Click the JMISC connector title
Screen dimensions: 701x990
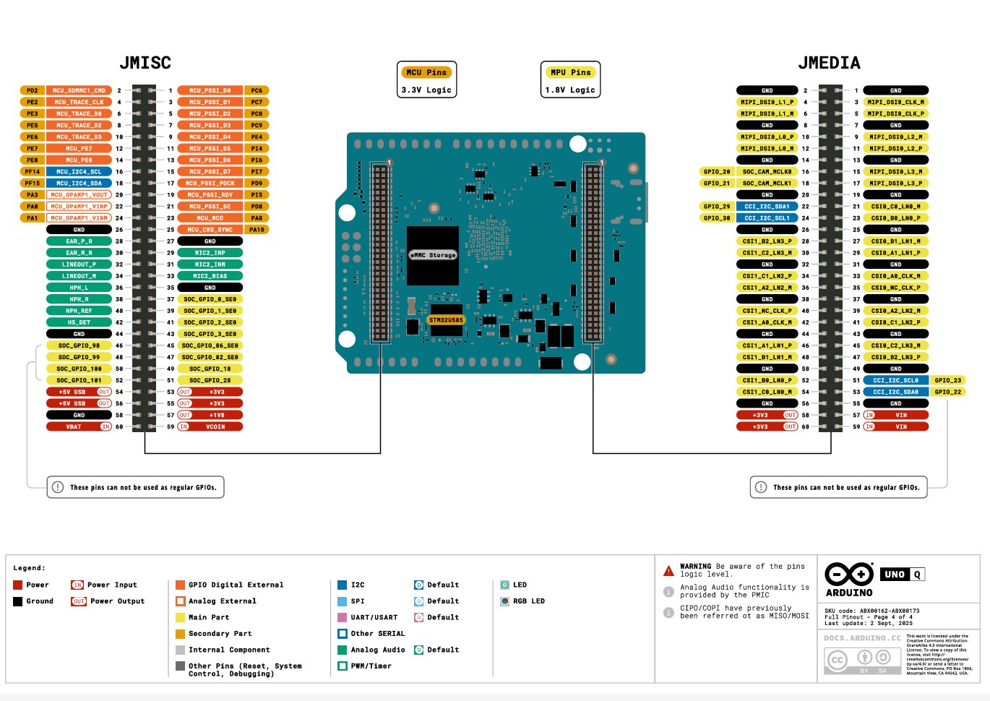click(x=145, y=63)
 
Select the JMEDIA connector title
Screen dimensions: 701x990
click(x=829, y=63)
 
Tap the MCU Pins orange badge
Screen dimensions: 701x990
click(x=426, y=72)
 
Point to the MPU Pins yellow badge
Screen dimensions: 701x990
click(x=570, y=72)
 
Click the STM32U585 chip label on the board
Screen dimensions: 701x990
click(x=446, y=319)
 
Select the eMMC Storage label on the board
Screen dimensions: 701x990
click(x=433, y=255)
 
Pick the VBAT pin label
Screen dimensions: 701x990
click(x=74, y=426)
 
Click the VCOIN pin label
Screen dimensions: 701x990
click(x=215, y=426)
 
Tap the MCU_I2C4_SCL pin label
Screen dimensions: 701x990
click(x=79, y=172)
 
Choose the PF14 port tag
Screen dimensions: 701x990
click(x=33, y=172)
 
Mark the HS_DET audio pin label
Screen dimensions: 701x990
click(x=79, y=322)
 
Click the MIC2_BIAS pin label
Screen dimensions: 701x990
click(x=210, y=276)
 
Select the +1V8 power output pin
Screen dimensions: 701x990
click(x=216, y=415)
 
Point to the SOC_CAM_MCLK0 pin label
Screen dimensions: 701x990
click(x=767, y=172)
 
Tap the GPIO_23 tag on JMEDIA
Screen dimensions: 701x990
click(x=947, y=380)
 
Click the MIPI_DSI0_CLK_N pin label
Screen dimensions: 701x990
click(x=895, y=102)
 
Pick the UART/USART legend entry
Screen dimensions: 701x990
click(x=374, y=617)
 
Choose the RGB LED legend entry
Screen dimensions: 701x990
click(x=528, y=601)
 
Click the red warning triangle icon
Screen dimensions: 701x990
click(x=668, y=571)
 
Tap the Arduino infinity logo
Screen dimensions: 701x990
click(x=849, y=575)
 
